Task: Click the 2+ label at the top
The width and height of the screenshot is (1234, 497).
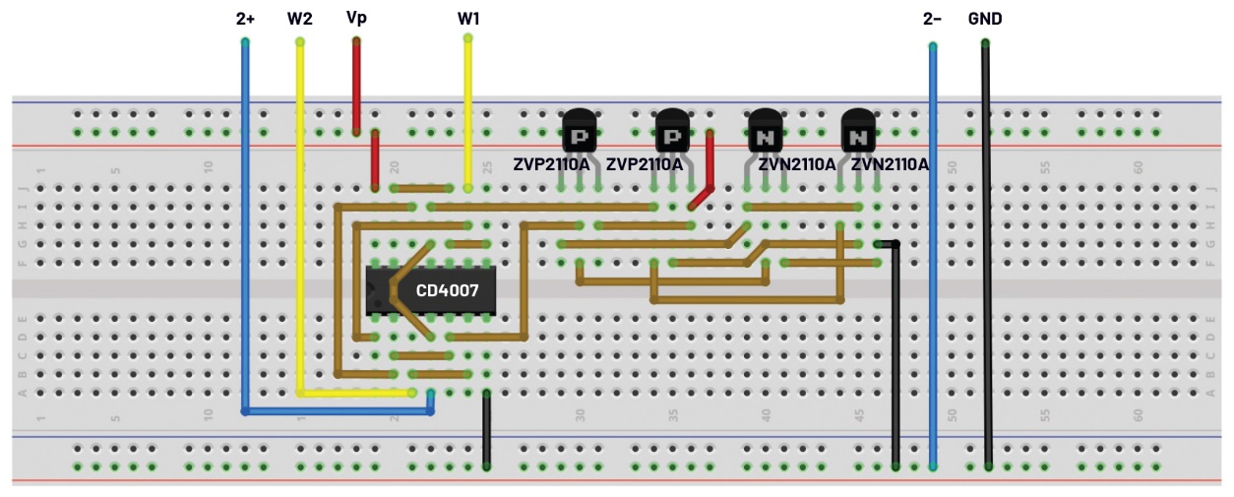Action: click(246, 19)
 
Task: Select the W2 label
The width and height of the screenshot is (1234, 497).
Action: click(300, 19)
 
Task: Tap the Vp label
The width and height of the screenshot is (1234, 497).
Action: click(356, 19)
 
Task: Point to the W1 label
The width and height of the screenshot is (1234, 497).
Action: click(468, 19)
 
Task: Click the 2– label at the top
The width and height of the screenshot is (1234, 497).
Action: click(932, 19)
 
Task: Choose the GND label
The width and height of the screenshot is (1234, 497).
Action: click(985, 19)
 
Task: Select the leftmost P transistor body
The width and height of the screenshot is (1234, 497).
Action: click(580, 130)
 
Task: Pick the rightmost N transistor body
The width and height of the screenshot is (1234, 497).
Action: click(858, 130)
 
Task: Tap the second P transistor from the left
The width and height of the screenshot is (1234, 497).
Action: click(673, 130)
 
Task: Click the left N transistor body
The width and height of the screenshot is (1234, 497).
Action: click(765, 130)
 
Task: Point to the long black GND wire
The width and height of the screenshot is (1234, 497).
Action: click(986, 256)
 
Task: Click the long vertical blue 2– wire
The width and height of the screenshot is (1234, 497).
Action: click(933, 256)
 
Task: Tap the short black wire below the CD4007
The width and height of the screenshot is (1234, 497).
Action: click(486, 428)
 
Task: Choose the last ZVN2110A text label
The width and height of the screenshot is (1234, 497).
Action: click(890, 164)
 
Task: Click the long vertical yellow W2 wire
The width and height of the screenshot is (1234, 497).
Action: click(300, 217)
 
